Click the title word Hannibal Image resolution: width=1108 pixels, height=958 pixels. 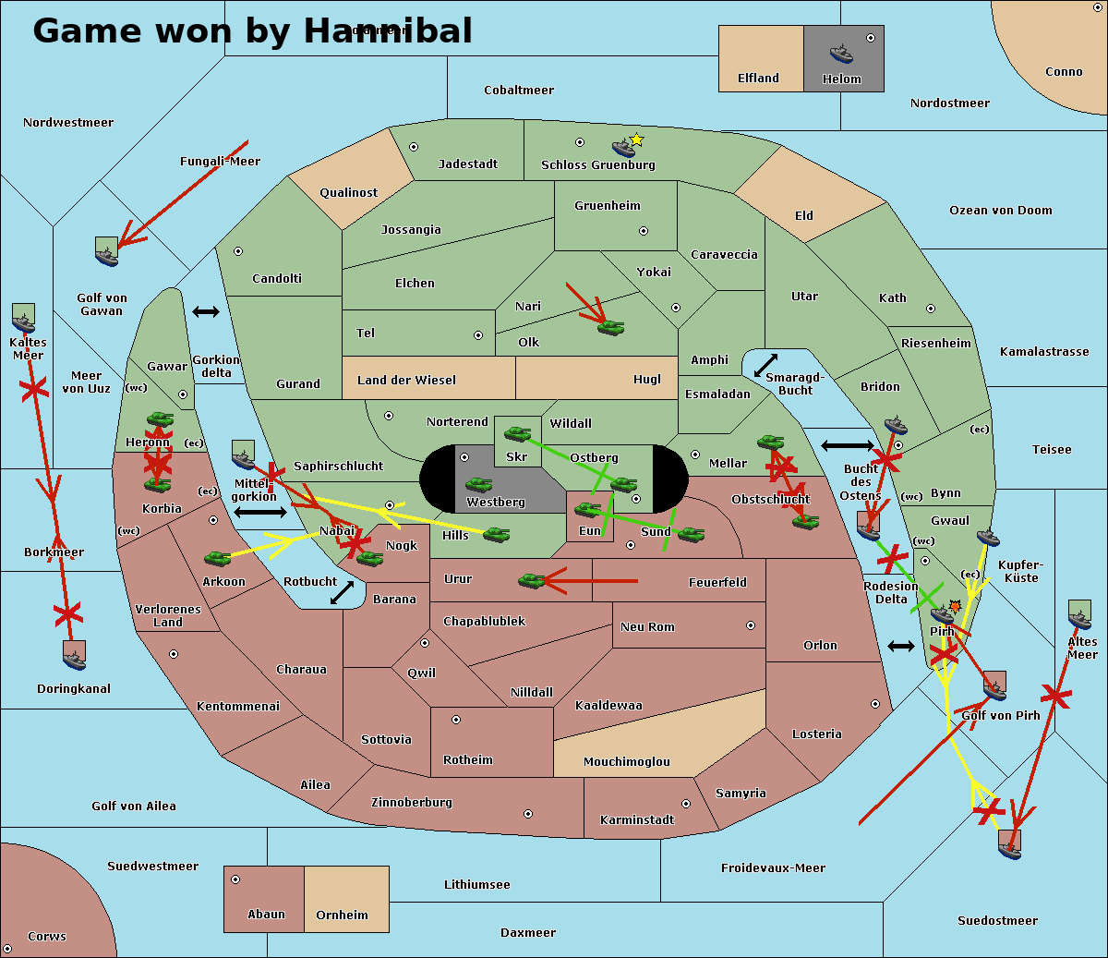tap(388, 30)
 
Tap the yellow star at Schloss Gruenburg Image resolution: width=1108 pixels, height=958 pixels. tap(636, 139)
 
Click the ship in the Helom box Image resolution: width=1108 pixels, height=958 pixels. tap(841, 53)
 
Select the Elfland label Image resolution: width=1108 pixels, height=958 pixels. tap(758, 79)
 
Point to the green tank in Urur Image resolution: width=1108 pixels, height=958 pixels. tap(532, 580)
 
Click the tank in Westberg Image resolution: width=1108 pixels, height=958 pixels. tap(478, 484)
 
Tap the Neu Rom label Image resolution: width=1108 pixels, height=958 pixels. tap(647, 626)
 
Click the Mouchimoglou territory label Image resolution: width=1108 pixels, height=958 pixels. tap(626, 762)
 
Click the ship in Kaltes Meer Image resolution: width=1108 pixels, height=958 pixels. tap(23, 319)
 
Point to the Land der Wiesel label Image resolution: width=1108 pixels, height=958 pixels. tap(406, 380)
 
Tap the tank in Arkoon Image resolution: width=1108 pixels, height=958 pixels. tap(217, 558)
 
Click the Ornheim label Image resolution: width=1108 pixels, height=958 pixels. tap(342, 916)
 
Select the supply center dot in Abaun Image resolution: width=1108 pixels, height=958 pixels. tap(235, 879)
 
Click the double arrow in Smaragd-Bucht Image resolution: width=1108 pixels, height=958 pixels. tap(766, 366)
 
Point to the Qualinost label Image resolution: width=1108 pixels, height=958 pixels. tap(348, 193)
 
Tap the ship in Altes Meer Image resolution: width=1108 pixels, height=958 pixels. tap(1079, 615)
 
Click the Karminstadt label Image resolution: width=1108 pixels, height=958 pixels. tap(637, 820)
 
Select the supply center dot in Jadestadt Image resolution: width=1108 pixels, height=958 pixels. tap(414, 147)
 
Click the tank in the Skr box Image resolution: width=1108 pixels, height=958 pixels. tap(517, 432)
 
